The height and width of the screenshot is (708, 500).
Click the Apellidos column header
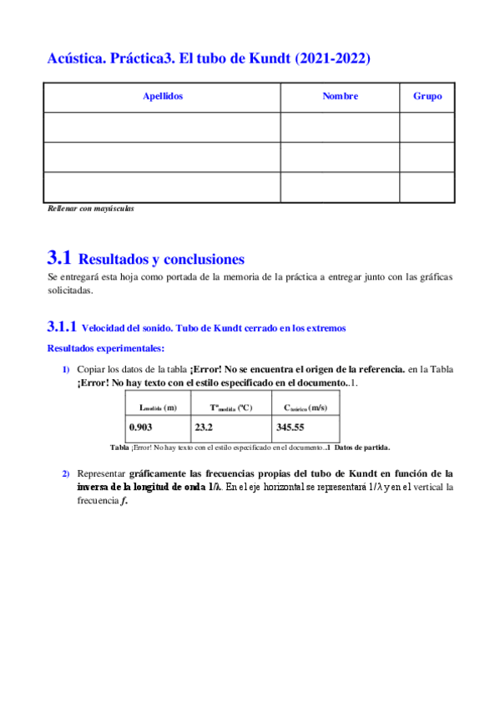point(163,96)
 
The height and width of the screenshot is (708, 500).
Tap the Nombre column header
point(340,96)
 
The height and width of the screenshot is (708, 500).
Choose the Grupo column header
point(427,96)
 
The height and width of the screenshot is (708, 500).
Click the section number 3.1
point(60,258)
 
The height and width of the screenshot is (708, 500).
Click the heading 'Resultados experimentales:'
point(106,347)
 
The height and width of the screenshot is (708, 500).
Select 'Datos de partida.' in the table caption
point(361,447)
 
